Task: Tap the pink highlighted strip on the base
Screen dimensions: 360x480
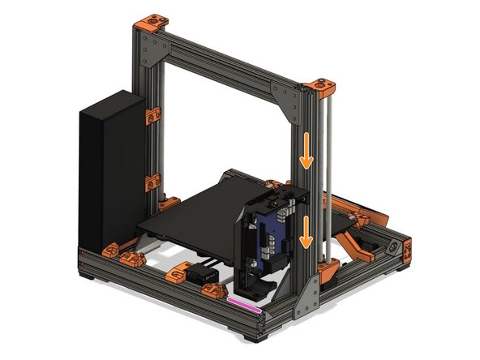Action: (244, 302)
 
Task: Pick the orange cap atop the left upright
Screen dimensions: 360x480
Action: (152, 24)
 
